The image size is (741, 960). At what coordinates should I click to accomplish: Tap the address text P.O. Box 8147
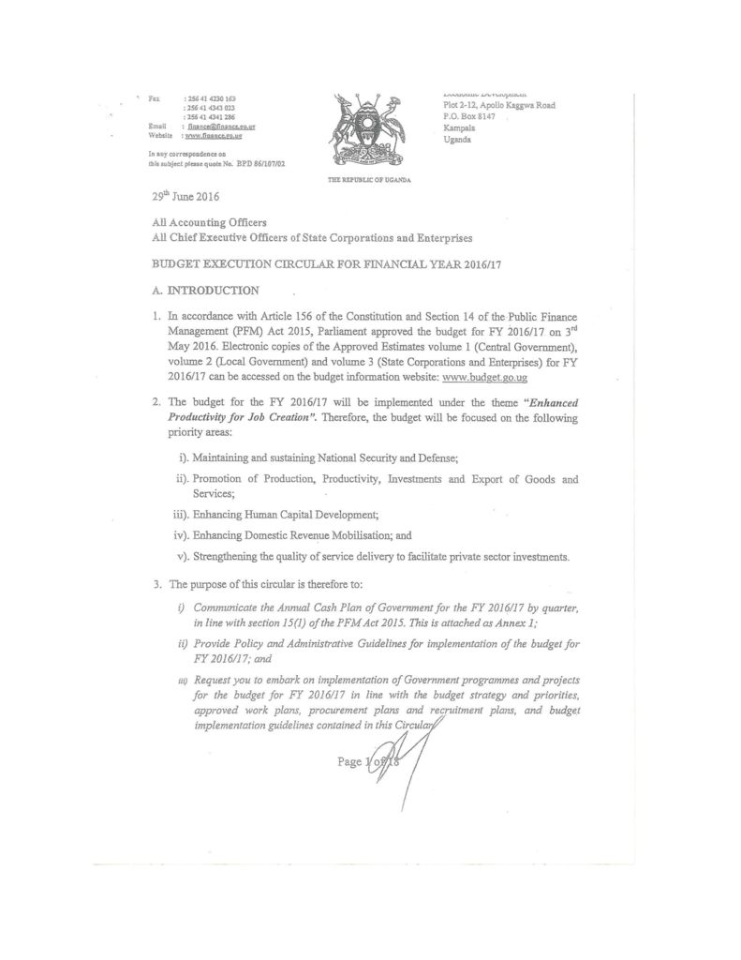[469, 116]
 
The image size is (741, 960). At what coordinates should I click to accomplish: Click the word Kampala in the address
[459, 127]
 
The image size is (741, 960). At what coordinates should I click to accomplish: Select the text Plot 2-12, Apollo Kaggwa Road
[498, 105]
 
